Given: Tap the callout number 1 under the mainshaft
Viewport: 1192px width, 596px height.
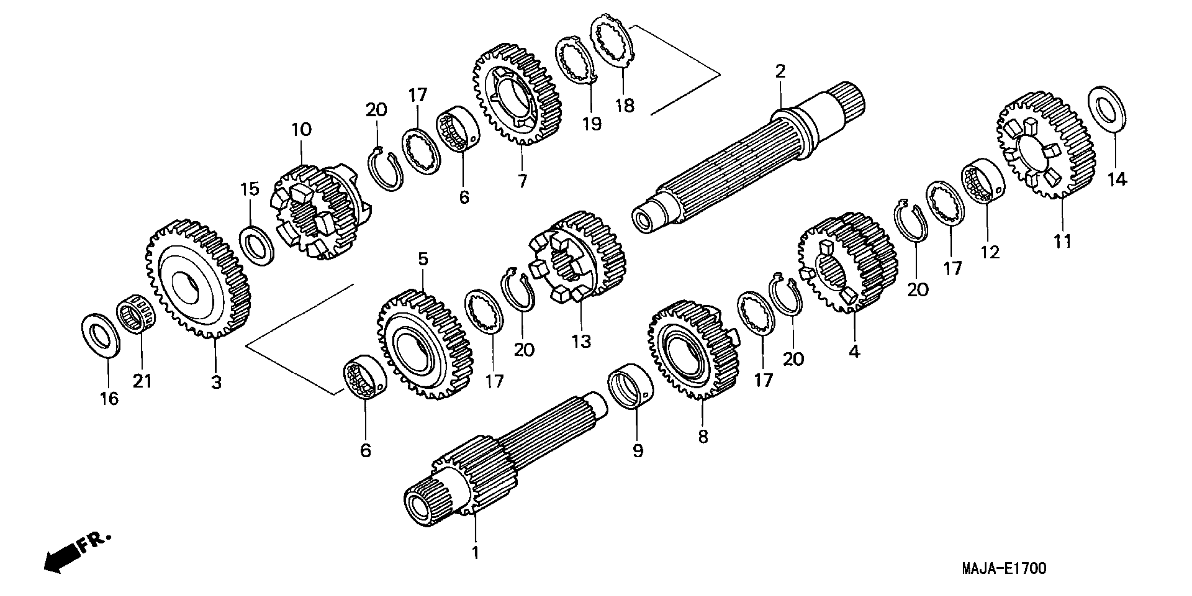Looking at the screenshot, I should click(x=475, y=553).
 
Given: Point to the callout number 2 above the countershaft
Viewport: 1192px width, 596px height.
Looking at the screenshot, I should click(x=780, y=72).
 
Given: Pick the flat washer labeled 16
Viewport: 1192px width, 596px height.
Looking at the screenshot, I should click(x=101, y=336).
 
